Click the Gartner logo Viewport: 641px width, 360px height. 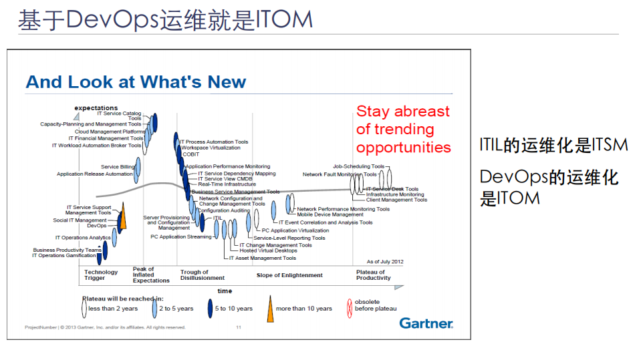pyautogui.click(x=426, y=323)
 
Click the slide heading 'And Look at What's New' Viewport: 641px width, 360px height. pyautogui.click(x=136, y=82)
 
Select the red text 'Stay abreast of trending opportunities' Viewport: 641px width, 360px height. pyautogui.click(x=403, y=129)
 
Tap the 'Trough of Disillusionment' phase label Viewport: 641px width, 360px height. pyautogui.click(x=202, y=275)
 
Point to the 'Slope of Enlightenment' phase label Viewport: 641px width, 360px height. pyautogui.click(x=289, y=275)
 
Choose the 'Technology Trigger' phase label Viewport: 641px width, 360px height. pyautogui.click(x=101, y=275)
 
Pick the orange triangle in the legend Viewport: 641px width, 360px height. pyautogui.click(x=270, y=309)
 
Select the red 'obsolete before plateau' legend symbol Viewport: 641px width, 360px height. pyautogui.click(x=349, y=309)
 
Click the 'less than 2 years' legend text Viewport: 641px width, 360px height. pyautogui.click(x=113, y=309)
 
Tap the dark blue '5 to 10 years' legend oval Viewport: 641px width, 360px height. pyautogui.click(x=209, y=309)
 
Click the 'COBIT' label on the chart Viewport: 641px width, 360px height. pyautogui.click(x=190, y=154)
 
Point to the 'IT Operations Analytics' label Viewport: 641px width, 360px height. pyautogui.click(x=83, y=238)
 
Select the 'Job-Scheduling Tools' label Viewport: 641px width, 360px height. pyautogui.click(x=358, y=166)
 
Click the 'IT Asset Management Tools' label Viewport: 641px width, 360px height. pyautogui.click(x=262, y=258)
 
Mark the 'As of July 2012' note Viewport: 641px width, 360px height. pyautogui.click(x=384, y=261)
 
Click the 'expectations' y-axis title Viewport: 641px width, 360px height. pyautogui.click(x=96, y=108)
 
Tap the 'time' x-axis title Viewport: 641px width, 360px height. pyautogui.click(x=225, y=291)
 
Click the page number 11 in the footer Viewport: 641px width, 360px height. pyautogui.click(x=239, y=327)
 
